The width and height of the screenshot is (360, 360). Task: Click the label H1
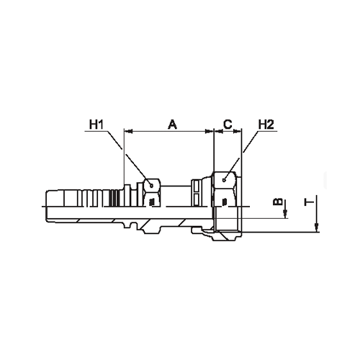click(96, 125)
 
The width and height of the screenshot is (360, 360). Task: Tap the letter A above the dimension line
click(172, 125)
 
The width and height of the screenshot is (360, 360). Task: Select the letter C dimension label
click(228, 125)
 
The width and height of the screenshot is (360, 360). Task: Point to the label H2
click(266, 125)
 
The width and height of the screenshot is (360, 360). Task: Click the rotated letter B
click(278, 202)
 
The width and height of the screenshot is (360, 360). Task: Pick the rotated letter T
click(309, 203)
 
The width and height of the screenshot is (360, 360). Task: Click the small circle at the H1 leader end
click(151, 186)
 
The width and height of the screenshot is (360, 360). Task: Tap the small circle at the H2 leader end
click(224, 180)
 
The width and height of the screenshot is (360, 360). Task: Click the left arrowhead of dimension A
click(128, 131)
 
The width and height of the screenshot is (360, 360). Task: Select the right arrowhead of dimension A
click(210, 131)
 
